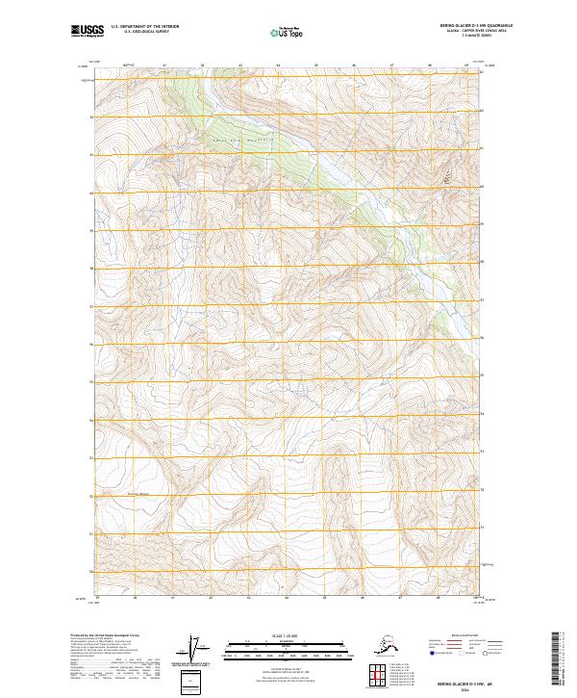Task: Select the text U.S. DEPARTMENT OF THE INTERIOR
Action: tap(139, 28)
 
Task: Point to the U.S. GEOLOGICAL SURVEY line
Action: tap(134, 34)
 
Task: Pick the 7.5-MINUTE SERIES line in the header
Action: tap(465, 39)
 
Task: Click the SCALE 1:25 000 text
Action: tap(286, 636)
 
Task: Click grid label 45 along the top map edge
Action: tap(316, 65)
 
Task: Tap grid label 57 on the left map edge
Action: tap(90, 307)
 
